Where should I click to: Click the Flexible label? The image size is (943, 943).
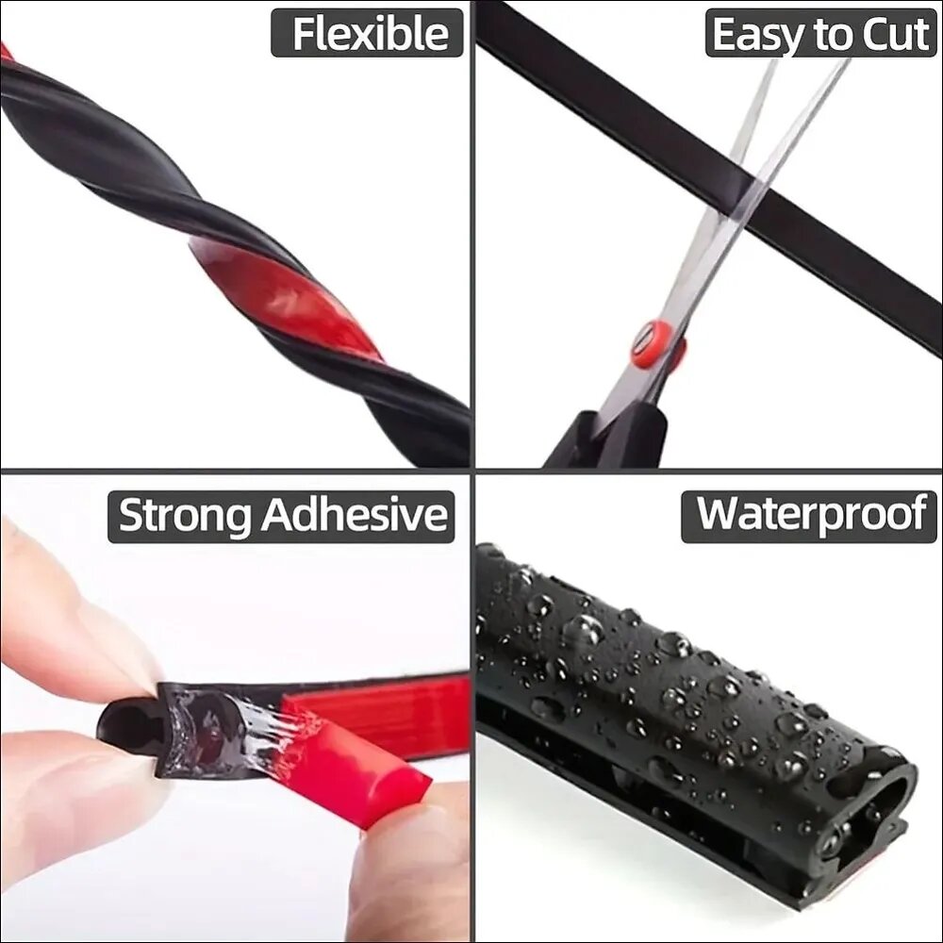tap(367, 33)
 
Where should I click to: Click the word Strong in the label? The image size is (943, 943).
tap(184, 516)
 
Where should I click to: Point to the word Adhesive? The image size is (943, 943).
tap(355, 515)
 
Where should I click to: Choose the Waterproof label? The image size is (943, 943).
tap(809, 516)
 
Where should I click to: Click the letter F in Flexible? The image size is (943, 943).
tap(305, 33)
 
